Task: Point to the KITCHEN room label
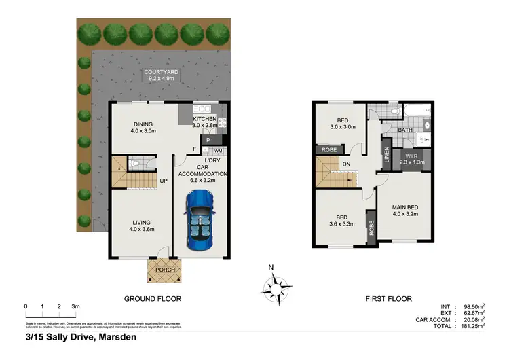click(204, 119)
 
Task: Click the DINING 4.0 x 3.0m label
click(143, 127)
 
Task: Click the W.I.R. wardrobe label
click(411, 159)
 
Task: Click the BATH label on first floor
click(405, 130)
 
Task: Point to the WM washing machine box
click(218, 150)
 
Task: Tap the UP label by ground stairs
click(163, 181)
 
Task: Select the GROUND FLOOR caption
click(152, 298)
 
